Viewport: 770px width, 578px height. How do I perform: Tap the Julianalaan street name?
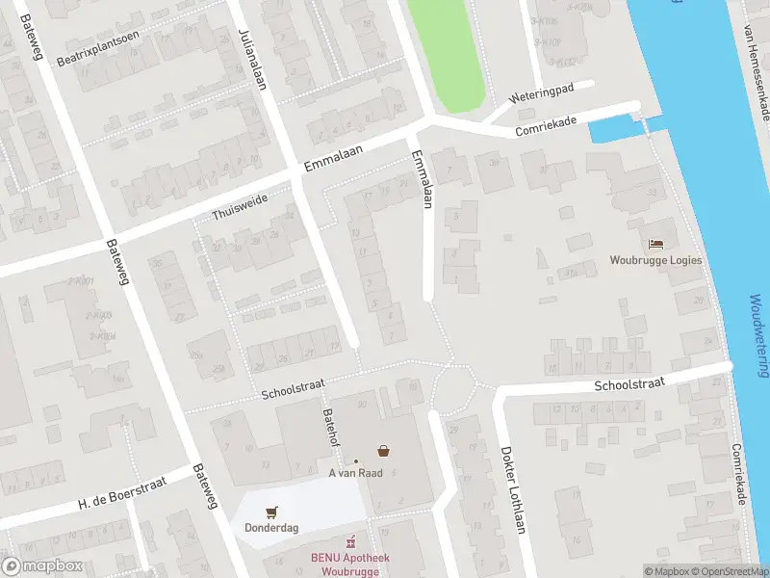point(252,58)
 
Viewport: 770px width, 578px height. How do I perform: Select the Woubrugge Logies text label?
point(655,260)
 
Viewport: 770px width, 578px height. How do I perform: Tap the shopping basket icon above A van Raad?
point(383,450)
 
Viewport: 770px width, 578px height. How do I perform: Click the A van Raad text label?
point(357,472)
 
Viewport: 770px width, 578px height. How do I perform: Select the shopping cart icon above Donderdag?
point(271,512)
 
